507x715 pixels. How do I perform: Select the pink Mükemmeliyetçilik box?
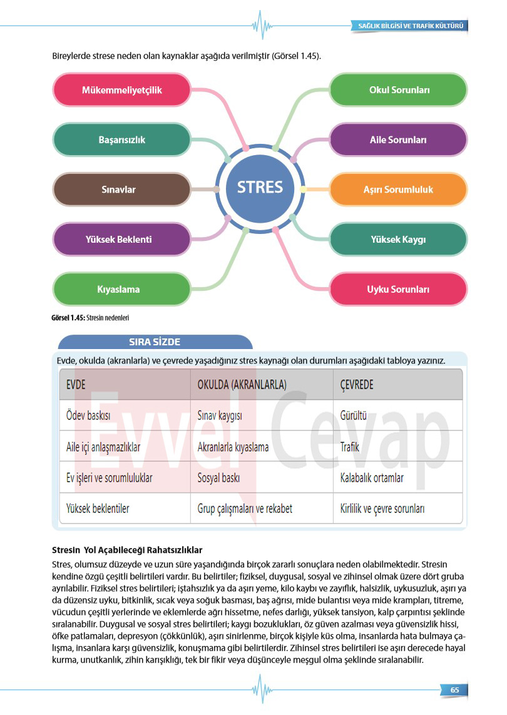tap(121, 90)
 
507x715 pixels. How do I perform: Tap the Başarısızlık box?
tap(121, 139)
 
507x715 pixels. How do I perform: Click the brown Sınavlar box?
tap(121, 190)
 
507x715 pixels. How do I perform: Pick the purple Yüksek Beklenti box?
tap(121, 239)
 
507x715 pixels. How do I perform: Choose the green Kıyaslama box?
tap(121, 289)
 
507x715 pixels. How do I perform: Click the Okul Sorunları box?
tap(398, 90)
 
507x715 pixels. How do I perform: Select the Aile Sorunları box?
tap(398, 139)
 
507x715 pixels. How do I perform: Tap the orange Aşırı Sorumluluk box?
tap(398, 190)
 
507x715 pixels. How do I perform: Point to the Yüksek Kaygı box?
tap(398, 239)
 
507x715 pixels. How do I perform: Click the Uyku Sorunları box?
tap(398, 289)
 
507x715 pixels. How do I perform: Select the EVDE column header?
tap(76, 385)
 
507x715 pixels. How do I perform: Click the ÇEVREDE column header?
tap(356, 385)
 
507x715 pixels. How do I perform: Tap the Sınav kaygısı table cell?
tap(220, 415)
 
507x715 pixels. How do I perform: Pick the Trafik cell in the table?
tap(349, 447)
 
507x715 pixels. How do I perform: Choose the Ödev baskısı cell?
tap(88, 415)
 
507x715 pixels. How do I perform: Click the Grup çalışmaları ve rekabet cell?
tap(245, 509)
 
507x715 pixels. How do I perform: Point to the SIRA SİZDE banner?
tap(155, 342)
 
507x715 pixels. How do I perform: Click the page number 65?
tap(454, 690)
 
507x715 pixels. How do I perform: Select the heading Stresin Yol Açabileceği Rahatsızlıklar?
tap(128, 550)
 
